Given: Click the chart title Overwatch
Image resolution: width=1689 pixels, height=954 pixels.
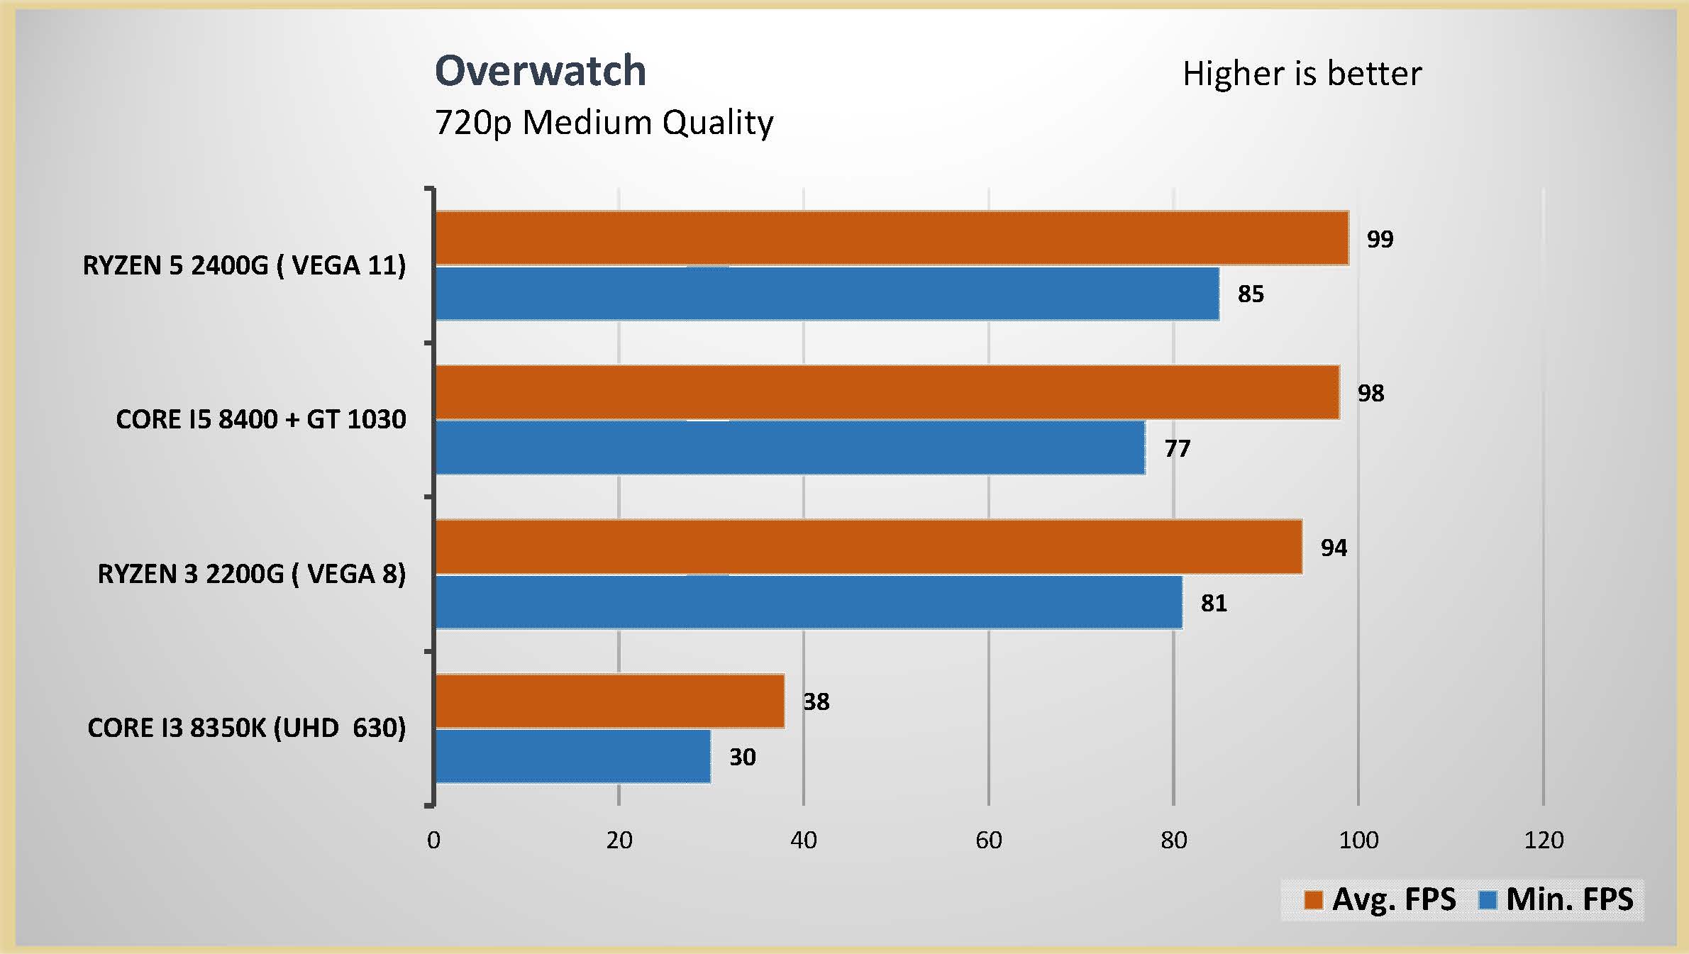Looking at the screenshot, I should (540, 71).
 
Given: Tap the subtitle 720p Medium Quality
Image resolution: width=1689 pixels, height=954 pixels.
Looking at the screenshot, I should (604, 123).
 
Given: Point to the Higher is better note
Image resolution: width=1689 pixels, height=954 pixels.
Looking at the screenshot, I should (1302, 74).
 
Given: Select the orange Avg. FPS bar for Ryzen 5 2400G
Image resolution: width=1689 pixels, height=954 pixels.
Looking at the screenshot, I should (891, 238).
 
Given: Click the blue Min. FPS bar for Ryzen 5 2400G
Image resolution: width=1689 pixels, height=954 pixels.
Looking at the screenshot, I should (826, 294).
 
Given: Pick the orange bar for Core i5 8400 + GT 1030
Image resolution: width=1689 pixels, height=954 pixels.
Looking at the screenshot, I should (887, 392).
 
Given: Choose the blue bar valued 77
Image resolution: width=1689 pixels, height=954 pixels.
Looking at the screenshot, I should (790, 448).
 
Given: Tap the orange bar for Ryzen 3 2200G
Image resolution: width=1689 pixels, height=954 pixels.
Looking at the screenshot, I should (868, 547).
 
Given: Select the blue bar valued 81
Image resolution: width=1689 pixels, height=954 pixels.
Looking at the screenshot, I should (808, 602).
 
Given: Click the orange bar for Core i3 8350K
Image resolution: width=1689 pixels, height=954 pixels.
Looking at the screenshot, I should (609, 701).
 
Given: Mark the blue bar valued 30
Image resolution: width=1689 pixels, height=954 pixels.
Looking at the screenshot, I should (572, 756).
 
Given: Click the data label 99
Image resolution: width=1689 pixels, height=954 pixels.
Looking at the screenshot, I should (1380, 239).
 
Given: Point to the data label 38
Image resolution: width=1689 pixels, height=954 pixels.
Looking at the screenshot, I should (816, 701).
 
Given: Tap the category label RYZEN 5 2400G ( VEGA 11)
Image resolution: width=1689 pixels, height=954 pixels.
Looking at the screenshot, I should (244, 265).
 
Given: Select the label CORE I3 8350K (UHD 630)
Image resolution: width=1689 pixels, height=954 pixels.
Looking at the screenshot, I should (246, 728).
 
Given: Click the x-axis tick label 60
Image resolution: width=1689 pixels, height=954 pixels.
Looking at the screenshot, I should (988, 841).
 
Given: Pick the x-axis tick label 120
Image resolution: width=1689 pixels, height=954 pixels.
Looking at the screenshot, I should (1544, 841).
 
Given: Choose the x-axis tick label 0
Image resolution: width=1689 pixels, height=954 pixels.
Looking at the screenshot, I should (433, 841).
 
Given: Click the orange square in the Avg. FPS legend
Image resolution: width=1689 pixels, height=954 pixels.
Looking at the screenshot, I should (1313, 900).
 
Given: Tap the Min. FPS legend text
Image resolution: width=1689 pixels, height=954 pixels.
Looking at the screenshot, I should (1569, 899).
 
